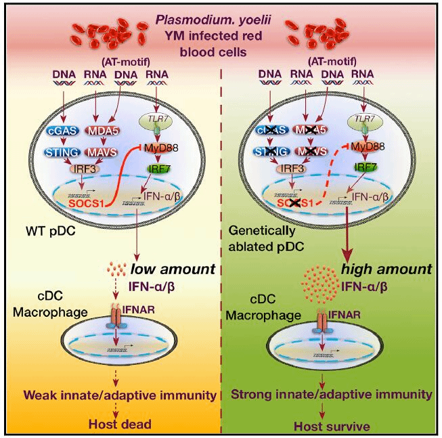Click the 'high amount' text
(x=386, y=269)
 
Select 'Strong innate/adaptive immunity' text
(x=332, y=393)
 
